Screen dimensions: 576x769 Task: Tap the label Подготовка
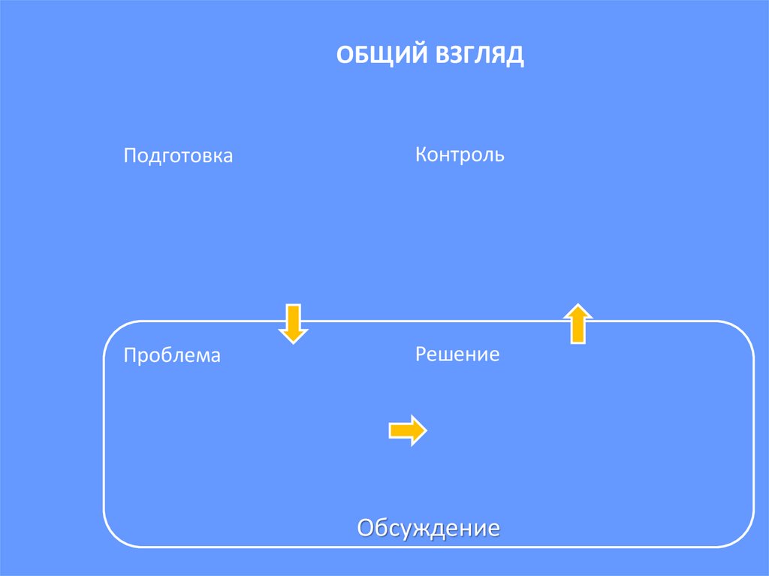pyautogui.click(x=178, y=156)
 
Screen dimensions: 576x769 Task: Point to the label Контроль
pyautogui.click(x=460, y=155)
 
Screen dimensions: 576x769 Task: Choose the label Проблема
pyautogui.click(x=172, y=355)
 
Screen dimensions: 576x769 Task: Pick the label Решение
pyautogui.click(x=457, y=354)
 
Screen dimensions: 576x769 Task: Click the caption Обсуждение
pyautogui.click(x=428, y=528)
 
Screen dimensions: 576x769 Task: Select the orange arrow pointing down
pyautogui.click(x=293, y=323)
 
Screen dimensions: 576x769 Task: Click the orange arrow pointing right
pyautogui.click(x=407, y=430)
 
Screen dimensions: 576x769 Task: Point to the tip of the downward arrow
pyautogui.click(x=293, y=342)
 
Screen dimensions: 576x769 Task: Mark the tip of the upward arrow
pyautogui.click(x=578, y=304)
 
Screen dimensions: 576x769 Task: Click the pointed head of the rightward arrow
pyautogui.click(x=425, y=430)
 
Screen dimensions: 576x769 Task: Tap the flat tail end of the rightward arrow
pyautogui.click(x=390, y=430)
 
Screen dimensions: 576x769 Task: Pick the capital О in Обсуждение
pyautogui.click(x=366, y=527)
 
